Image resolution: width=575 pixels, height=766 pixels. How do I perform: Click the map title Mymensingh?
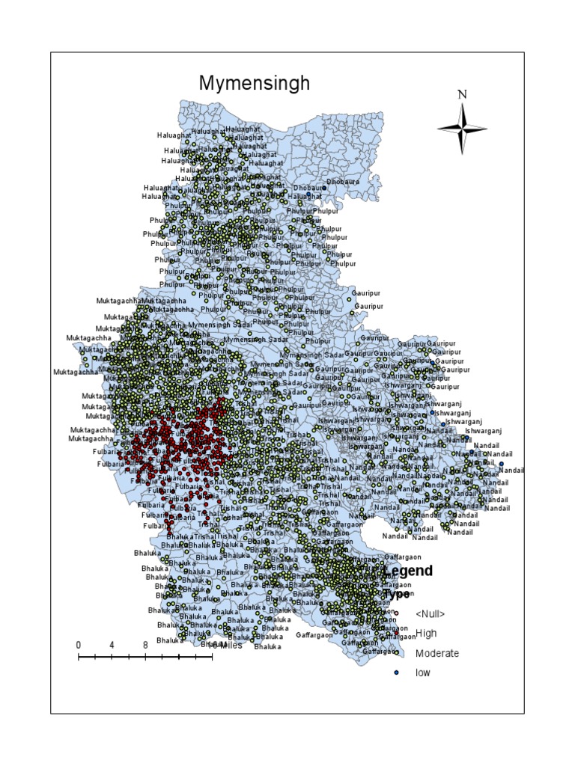pos(254,83)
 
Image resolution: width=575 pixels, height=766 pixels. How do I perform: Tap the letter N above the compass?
pos(462,94)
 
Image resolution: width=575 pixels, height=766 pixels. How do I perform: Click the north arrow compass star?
pos(462,128)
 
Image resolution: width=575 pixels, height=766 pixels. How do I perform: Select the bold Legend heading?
pos(408,572)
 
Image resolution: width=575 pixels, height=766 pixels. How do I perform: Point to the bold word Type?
pos(397,594)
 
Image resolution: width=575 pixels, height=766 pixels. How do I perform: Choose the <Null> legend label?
pos(430,614)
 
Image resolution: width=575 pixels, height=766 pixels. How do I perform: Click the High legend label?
pos(426,634)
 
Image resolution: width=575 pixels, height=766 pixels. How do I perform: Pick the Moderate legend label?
pos(437,653)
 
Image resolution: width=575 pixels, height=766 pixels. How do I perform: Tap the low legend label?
pos(423,672)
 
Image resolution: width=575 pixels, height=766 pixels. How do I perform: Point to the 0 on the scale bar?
pos(79,645)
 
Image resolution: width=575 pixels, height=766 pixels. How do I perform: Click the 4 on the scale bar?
pos(112,645)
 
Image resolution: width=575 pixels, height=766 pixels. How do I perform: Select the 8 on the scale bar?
pos(144,645)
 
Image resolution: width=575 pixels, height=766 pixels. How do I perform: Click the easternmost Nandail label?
pos(512,471)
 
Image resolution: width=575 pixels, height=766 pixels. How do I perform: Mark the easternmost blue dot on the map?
pos(502,464)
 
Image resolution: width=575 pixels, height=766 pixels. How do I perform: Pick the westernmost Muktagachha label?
pos(76,372)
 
